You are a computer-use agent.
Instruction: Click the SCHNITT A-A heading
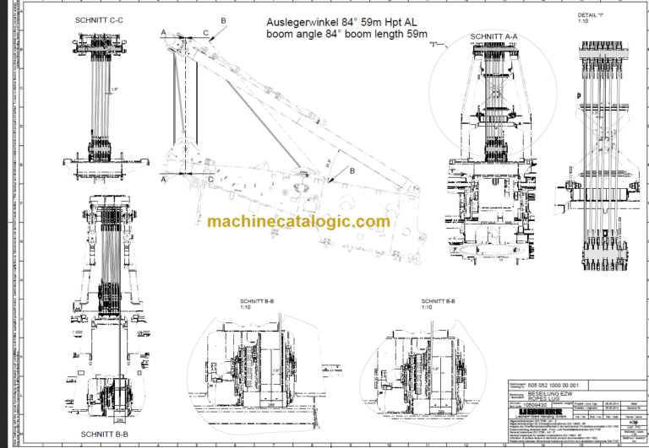(x=494, y=36)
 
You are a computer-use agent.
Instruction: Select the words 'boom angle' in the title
(x=292, y=34)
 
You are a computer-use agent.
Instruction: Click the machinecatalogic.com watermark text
(x=298, y=221)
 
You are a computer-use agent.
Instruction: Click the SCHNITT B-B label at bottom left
(x=104, y=434)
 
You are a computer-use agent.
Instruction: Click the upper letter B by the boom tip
(x=223, y=19)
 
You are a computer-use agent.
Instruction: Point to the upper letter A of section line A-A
(x=162, y=31)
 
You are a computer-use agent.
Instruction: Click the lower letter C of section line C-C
(x=210, y=179)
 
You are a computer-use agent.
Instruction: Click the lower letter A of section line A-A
(x=162, y=179)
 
